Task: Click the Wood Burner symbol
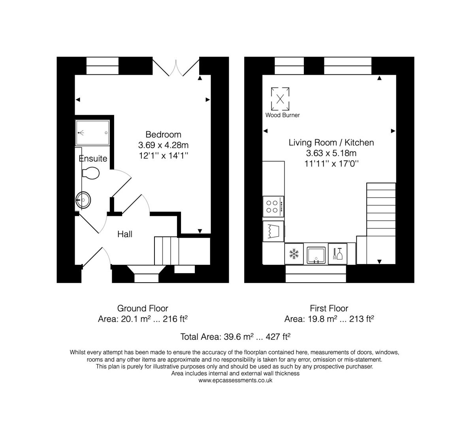click(x=280, y=99)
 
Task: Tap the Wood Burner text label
click(x=282, y=115)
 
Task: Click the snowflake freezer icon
click(x=294, y=253)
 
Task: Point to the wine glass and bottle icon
click(x=337, y=253)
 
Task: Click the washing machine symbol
click(x=273, y=231)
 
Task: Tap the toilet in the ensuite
click(x=91, y=173)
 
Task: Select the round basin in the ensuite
click(x=83, y=200)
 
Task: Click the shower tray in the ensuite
click(x=92, y=132)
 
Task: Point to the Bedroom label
click(x=163, y=134)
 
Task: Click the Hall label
click(x=125, y=234)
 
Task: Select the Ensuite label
click(x=93, y=159)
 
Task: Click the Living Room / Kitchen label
click(x=331, y=142)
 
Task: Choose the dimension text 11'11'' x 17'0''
click(x=331, y=163)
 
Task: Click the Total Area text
click(x=235, y=337)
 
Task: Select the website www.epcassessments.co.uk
click(x=235, y=380)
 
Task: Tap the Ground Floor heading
click(x=142, y=308)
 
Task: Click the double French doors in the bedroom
click(x=176, y=67)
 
